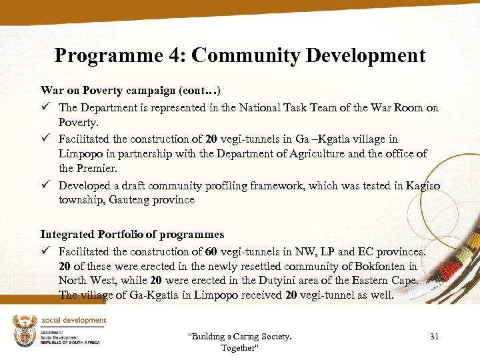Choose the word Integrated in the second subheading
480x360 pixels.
tap(69, 234)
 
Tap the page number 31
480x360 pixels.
tap(434, 337)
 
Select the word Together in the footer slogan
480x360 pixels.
tap(239, 348)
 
